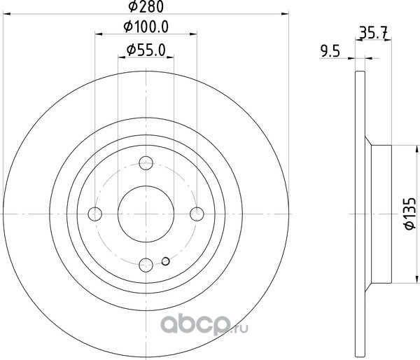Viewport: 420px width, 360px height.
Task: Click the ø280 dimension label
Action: (x=146, y=7)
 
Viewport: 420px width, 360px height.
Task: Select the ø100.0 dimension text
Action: (x=146, y=27)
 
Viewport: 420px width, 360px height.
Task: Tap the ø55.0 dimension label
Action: (x=146, y=50)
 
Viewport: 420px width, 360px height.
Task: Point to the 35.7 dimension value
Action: (x=373, y=32)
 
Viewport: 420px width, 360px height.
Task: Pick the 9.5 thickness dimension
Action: (x=330, y=51)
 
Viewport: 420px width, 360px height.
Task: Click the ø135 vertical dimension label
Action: (x=410, y=214)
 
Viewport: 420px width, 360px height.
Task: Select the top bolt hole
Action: (x=146, y=163)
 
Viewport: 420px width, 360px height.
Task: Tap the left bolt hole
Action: (x=95, y=214)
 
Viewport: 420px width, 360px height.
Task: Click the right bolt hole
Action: (x=197, y=214)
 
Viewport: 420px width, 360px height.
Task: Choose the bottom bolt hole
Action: (x=146, y=265)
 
